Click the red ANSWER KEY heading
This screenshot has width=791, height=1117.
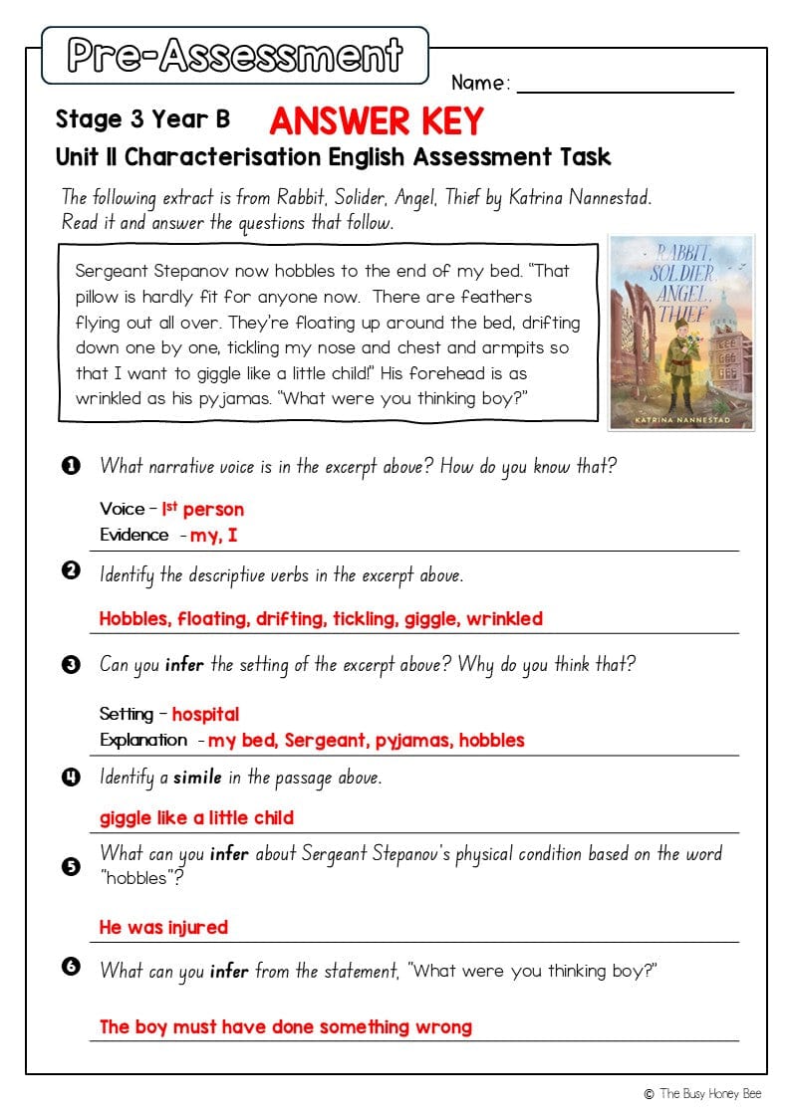(376, 120)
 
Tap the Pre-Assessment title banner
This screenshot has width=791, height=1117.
(235, 55)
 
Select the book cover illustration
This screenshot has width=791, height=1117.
(681, 332)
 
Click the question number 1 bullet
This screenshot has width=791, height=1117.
(71, 465)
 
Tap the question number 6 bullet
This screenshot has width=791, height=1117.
(71, 966)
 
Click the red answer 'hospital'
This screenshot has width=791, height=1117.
(205, 714)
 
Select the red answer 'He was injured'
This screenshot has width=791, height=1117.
(163, 927)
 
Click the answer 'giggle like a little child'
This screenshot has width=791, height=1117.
(196, 817)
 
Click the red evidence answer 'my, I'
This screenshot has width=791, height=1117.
(213, 535)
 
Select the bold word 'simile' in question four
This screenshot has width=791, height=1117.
(197, 777)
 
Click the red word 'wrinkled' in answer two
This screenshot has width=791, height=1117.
(504, 618)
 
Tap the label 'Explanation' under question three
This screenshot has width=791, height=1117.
(142, 740)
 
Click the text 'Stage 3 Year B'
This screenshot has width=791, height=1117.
(142, 119)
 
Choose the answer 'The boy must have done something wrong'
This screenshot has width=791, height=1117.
(285, 1026)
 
